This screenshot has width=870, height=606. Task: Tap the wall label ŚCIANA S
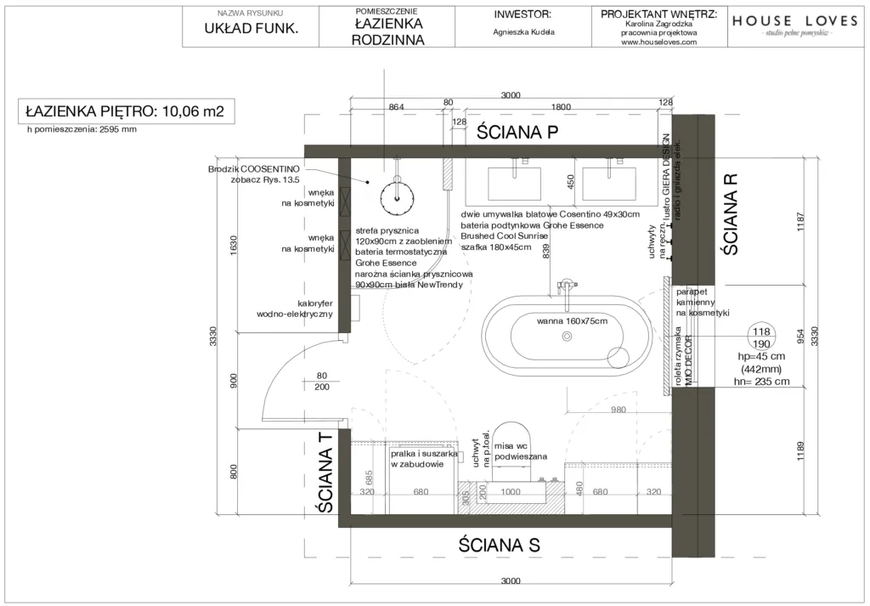pos(499,544)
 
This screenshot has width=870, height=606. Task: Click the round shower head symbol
pos(397,196)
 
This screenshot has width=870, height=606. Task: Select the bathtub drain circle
pos(567,337)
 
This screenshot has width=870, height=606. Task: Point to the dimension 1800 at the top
pos(562,107)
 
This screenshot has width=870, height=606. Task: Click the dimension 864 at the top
pos(396,107)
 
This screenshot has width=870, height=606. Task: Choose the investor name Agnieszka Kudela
pos(523,32)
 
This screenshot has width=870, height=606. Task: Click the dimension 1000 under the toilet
pos(511,492)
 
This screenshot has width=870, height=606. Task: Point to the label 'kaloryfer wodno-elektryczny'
pos(293,308)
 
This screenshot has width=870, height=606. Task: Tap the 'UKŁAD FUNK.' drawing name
pos(250,29)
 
